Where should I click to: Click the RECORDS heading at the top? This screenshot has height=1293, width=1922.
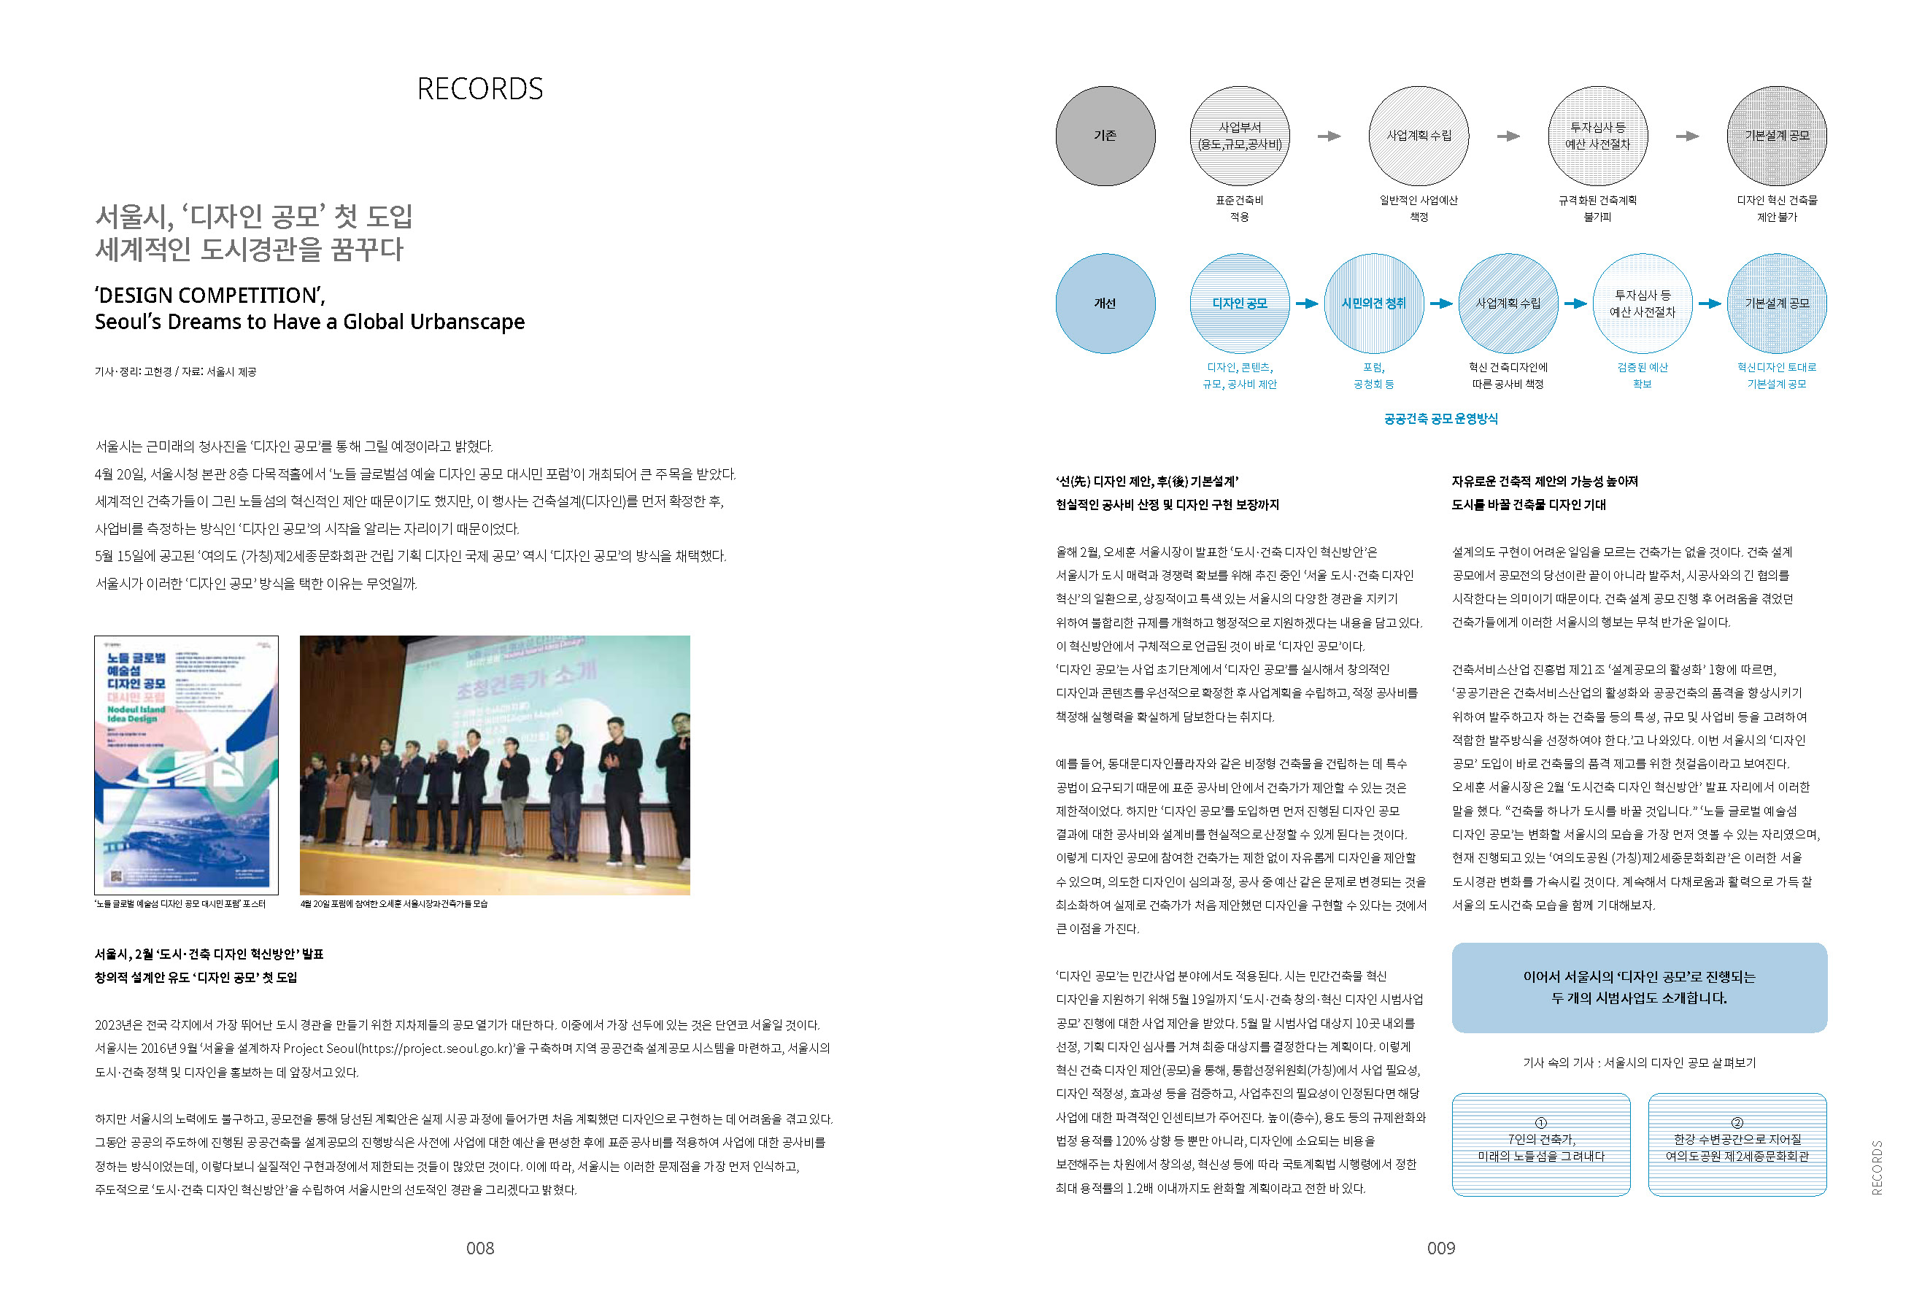click(480, 89)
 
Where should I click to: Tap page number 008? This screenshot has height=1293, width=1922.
click(480, 1248)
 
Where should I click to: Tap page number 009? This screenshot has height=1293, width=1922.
click(1440, 1248)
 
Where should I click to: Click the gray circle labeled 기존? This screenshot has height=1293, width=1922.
click(1105, 136)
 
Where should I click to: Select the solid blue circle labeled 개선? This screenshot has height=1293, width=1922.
click(1105, 304)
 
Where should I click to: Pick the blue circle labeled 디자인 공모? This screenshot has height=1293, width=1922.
click(1239, 304)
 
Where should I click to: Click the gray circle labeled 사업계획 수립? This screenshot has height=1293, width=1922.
click(1419, 136)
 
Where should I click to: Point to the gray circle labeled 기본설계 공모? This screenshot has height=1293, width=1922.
click(1776, 136)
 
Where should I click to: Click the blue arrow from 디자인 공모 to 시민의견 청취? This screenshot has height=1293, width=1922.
click(1307, 304)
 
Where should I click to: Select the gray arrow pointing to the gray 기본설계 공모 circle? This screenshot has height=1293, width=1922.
click(1687, 136)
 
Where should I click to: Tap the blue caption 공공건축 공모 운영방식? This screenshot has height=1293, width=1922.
click(1440, 419)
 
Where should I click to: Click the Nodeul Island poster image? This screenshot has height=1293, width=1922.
click(186, 765)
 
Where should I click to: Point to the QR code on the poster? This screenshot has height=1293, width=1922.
click(116, 876)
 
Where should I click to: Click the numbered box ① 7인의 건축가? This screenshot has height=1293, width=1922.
click(1540, 1145)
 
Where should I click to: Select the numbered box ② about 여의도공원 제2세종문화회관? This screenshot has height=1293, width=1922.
click(1737, 1145)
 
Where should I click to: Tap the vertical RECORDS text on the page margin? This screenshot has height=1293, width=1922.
click(1877, 1167)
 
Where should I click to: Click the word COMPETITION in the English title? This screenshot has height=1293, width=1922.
click(248, 296)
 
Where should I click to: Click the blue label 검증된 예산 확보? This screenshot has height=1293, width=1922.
click(1642, 375)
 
